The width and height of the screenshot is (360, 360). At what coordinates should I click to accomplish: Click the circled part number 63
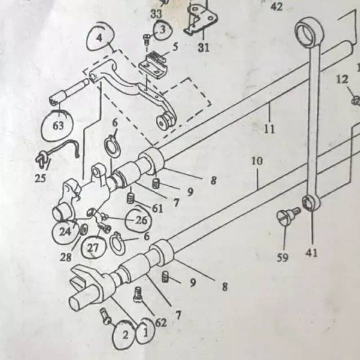pyautogui.click(x=58, y=126)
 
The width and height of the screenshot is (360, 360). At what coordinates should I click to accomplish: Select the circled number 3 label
pyautogui.click(x=163, y=30)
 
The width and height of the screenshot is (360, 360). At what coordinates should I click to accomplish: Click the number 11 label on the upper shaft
pyautogui.click(x=270, y=129)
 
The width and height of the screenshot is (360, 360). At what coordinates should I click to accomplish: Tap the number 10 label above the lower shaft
pyautogui.click(x=257, y=161)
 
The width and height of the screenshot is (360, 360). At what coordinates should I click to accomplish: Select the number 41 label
pyautogui.click(x=311, y=253)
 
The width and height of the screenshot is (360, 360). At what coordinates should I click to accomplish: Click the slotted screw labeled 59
pyautogui.click(x=288, y=215)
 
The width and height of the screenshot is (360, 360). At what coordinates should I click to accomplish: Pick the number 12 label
pyautogui.click(x=342, y=80)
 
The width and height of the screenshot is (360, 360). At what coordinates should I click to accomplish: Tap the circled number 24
pyautogui.click(x=66, y=232)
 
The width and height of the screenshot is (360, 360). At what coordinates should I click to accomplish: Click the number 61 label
pyautogui.click(x=157, y=209)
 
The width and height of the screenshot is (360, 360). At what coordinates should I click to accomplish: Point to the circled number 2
pyautogui.click(x=125, y=335)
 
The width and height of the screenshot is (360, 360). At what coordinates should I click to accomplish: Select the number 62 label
pyautogui.click(x=161, y=323)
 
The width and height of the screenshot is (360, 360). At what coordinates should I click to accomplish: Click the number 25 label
pyautogui.click(x=40, y=178)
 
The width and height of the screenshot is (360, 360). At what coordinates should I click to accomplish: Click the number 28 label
pyautogui.click(x=66, y=257)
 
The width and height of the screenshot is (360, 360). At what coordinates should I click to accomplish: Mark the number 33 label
pyautogui.click(x=156, y=14)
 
